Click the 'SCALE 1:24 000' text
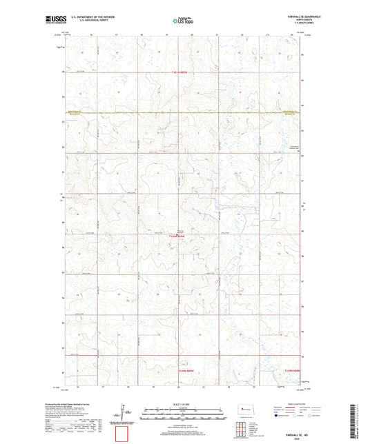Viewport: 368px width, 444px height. click(x=184, y=405)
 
